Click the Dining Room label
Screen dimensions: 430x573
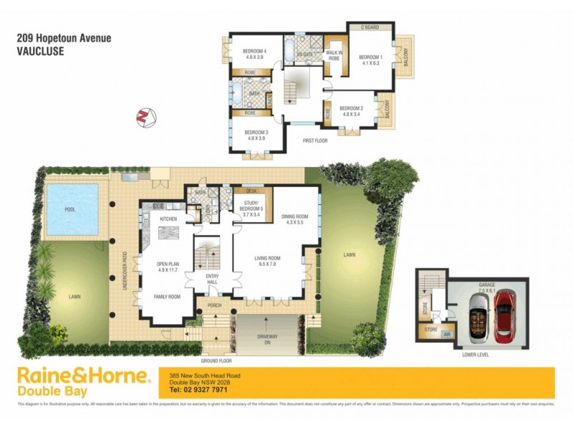[294, 219]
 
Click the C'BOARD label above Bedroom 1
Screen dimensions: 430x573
[370, 28]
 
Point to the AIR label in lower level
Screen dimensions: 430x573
[448, 334]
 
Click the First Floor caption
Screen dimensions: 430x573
[315, 140]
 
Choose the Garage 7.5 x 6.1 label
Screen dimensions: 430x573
[487, 288]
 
